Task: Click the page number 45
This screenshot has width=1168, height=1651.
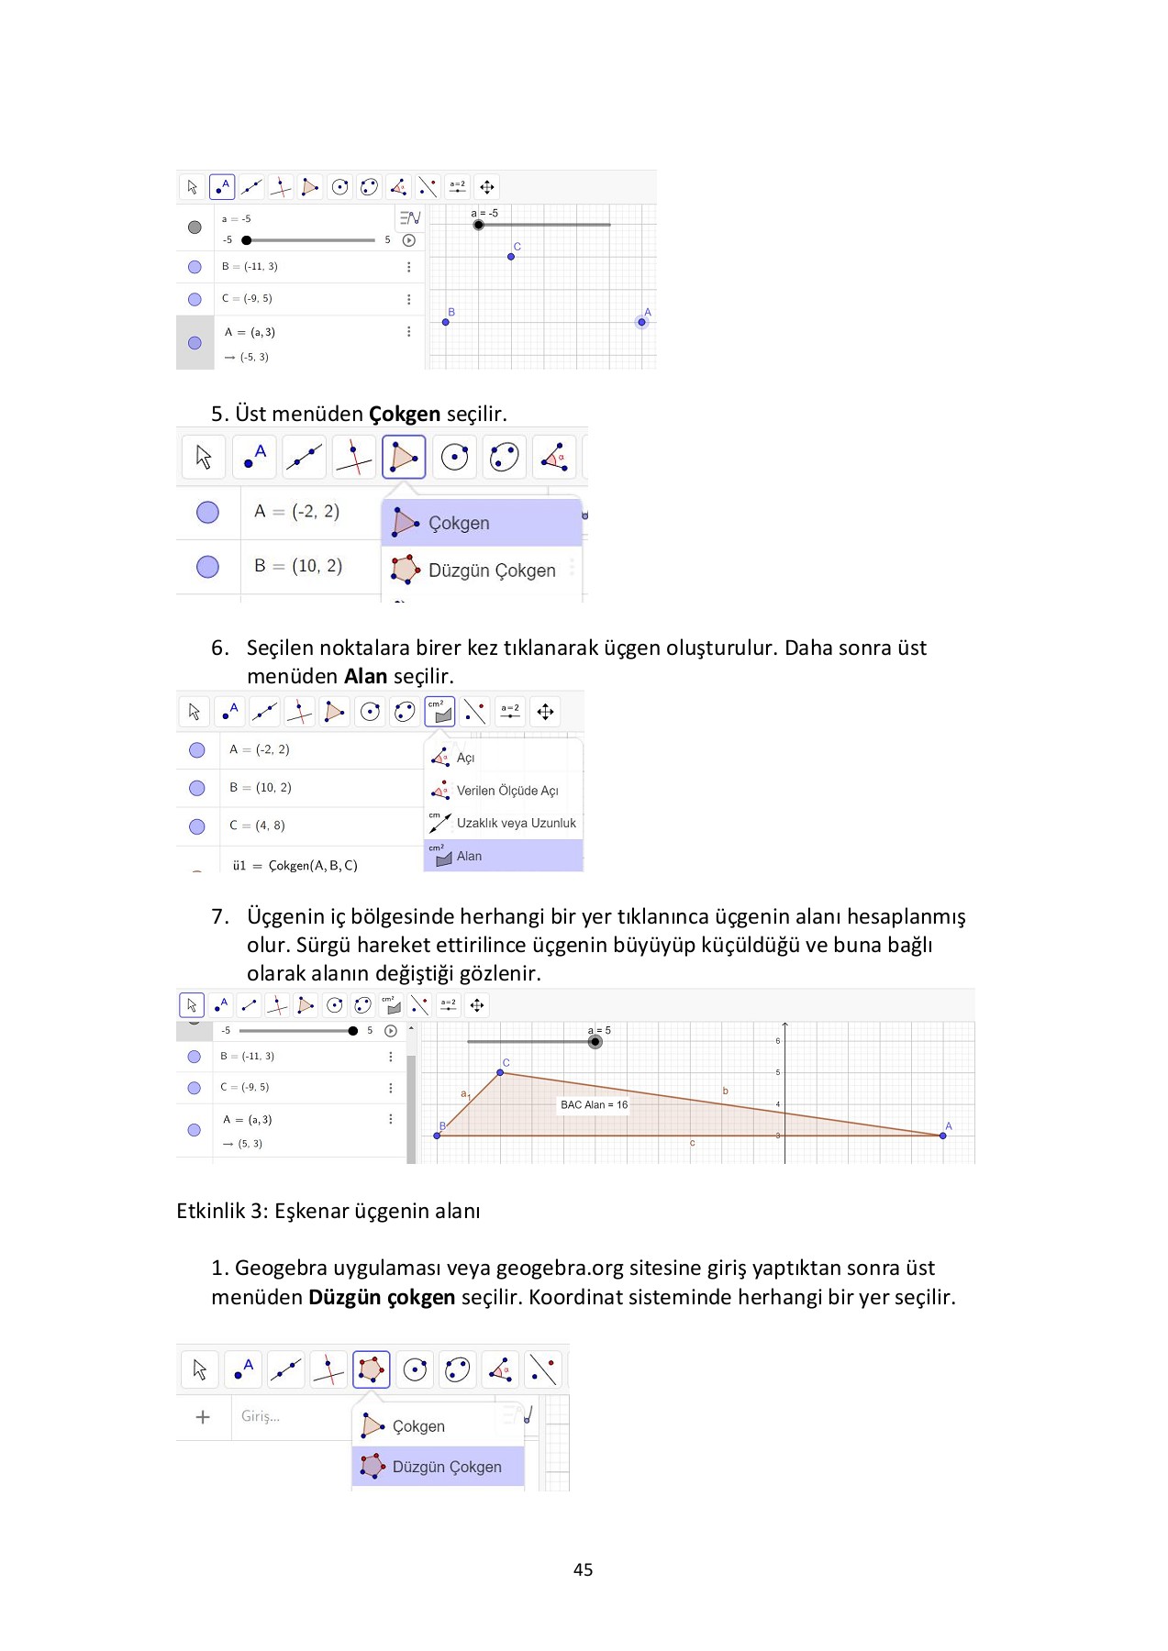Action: point(583,1569)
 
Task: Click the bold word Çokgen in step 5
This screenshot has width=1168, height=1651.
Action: point(404,414)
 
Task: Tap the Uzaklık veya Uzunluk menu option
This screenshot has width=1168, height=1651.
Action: point(516,823)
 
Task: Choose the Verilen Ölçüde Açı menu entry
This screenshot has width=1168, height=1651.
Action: point(506,791)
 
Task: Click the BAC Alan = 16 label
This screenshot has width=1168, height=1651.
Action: point(594,1104)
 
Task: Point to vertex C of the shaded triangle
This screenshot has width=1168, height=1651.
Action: point(500,1072)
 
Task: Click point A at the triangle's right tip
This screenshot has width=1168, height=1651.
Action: point(942,1136)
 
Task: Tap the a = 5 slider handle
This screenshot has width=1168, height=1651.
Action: point(595,1042)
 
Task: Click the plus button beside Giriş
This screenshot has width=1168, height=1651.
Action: point(203,1416)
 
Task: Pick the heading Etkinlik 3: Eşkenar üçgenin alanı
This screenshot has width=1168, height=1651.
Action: point(328,1211)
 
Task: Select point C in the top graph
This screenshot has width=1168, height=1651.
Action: point(511,256)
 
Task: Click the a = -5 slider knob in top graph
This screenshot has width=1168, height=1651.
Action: point(478,225)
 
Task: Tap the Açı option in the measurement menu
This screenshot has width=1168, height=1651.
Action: point(465,758)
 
